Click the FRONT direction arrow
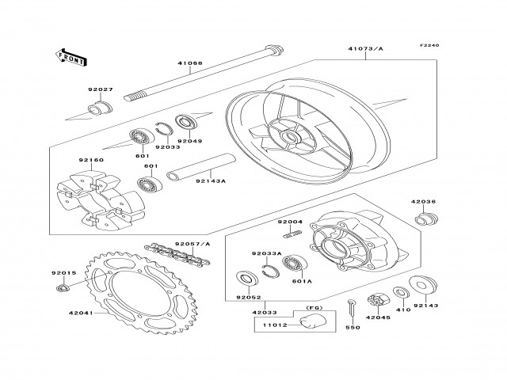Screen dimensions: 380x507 70,56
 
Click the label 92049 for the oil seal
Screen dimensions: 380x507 189,142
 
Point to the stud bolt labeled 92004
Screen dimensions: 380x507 295,233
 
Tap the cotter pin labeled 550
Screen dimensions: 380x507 350,309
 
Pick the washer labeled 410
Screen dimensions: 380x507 401,295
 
